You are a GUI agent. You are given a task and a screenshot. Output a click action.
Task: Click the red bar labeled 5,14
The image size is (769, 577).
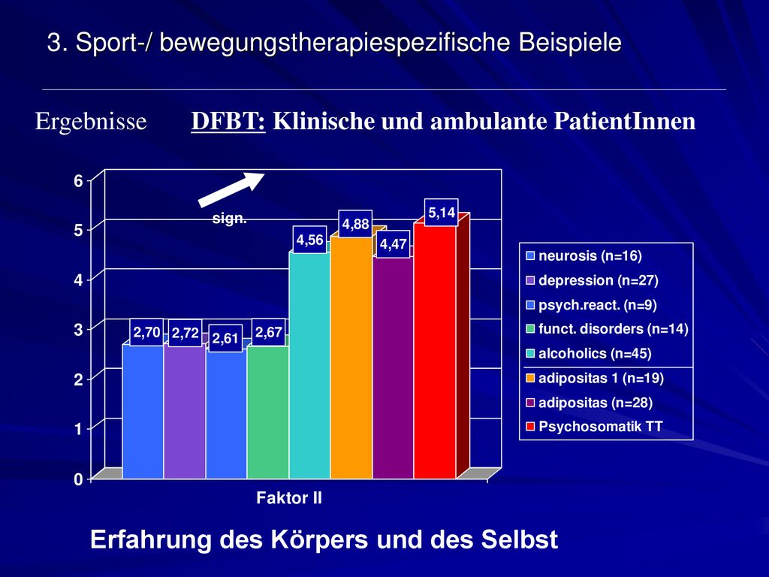[x=435, y=350]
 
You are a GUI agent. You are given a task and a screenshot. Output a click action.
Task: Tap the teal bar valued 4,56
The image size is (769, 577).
[x=309, y=365]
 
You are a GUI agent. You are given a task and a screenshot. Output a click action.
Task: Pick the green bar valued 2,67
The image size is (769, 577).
[x=268, y=412]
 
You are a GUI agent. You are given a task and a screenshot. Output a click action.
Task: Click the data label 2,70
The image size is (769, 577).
[x=146, y=333]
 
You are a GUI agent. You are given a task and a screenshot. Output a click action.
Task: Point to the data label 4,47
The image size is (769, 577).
[x=394, y=244]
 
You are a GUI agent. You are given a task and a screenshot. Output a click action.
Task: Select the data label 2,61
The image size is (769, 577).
[x=225, y=339]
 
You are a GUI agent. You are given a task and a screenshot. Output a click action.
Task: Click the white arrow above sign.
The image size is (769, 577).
[x=231, y=189]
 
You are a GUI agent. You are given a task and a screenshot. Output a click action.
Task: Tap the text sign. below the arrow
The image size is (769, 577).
[x=230, y=219]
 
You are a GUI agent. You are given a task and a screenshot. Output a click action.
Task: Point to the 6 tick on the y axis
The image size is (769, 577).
[x=78, y=181]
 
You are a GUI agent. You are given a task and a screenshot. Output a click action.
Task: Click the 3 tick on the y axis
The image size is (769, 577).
[x=78, y=330]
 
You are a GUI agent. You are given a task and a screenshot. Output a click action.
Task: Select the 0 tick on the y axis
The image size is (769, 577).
[x=78, y=479]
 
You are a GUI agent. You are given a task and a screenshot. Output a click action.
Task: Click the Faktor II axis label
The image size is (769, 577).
[x=289, y=498]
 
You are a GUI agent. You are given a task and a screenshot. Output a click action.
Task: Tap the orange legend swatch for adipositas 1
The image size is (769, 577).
[x=530, y=379]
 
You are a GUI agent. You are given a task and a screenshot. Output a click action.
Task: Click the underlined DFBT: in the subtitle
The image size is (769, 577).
[x=228, y=121]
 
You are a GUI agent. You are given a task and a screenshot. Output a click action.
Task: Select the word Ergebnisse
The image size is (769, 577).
[x=91, y=121]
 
